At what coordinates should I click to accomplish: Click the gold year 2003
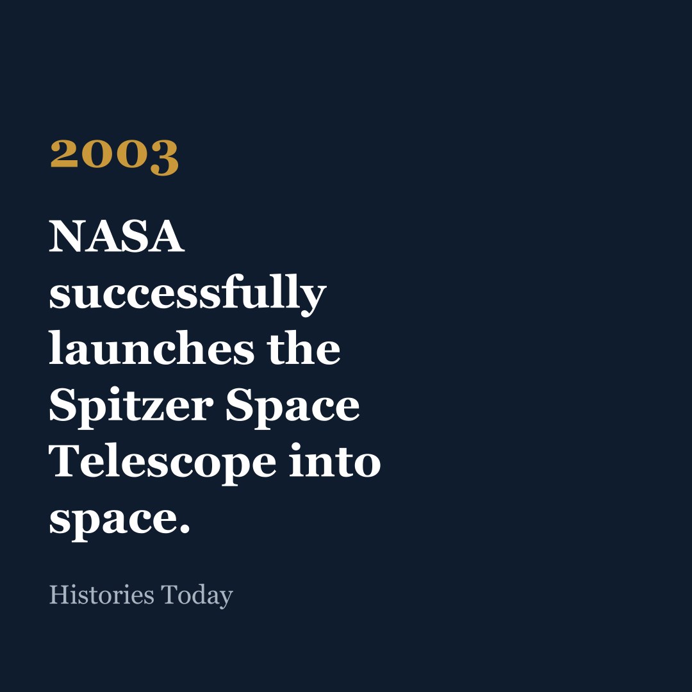point(114,157)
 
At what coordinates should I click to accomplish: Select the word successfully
point(188,294)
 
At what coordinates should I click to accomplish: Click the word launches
point(151,348)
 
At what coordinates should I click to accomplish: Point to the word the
point(304,349)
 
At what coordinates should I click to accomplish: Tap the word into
point(335,461)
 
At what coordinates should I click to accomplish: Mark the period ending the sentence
point(185,529)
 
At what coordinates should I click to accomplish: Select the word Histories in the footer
point(101,595)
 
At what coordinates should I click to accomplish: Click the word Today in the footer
point(197,597)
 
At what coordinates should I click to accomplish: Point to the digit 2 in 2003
point(65,154)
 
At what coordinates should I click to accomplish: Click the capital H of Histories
point(58,595)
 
